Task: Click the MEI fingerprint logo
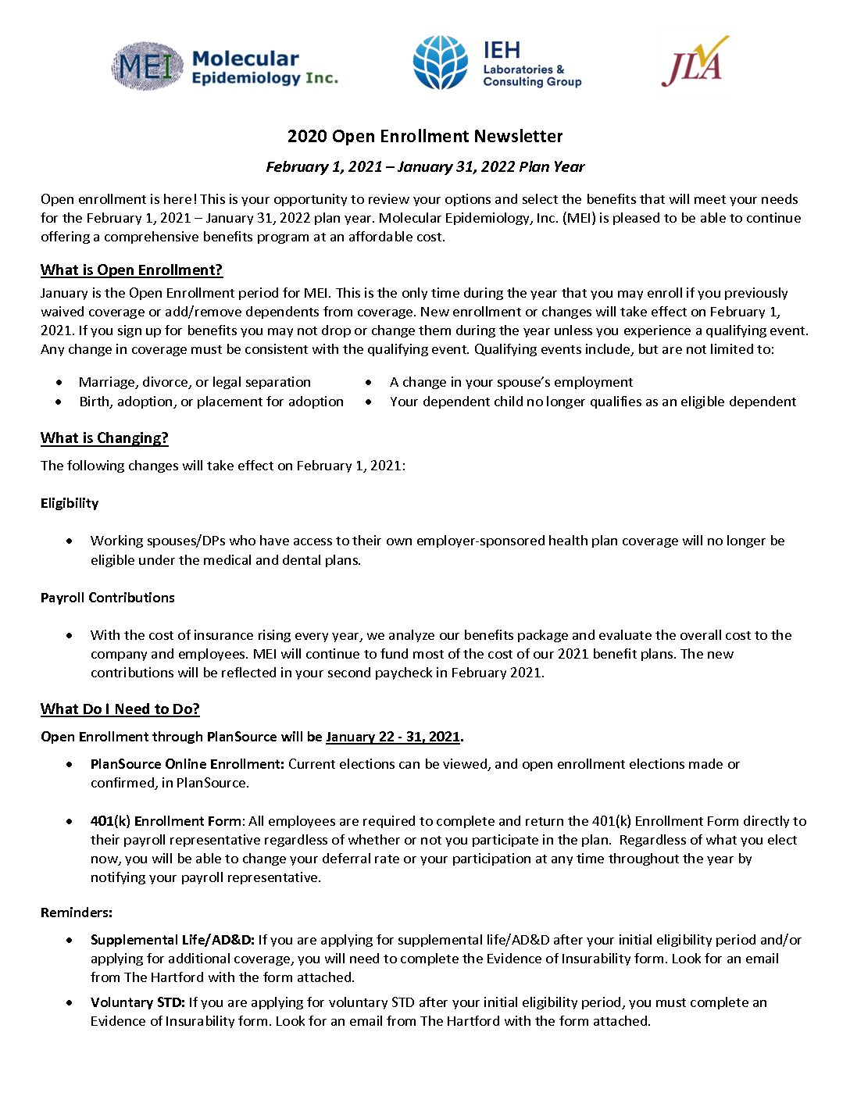click(146, 66)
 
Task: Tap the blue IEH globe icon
click(441, 62)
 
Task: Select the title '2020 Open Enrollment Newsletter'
click(425, 136)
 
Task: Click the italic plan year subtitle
click(425, 166)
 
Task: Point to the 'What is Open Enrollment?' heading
click(131, 270)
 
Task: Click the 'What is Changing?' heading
click(105, 438)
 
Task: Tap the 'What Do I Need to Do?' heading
click(120, 709)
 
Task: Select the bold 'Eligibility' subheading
click(70, 503)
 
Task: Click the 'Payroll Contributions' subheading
click(108, 598)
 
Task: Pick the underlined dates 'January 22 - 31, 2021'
click(393, 737)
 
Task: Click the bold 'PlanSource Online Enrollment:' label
click(187, 764)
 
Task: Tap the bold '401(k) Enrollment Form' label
click(167, 821)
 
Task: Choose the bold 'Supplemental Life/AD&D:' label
click(173, 940)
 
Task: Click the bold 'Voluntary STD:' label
click(137, 1002)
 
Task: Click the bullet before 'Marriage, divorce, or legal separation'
click(59, 383)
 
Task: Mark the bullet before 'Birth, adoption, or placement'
click(59, 402)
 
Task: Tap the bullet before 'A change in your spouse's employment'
click(369, 383)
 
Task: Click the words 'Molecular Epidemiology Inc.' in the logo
click(264, 68)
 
